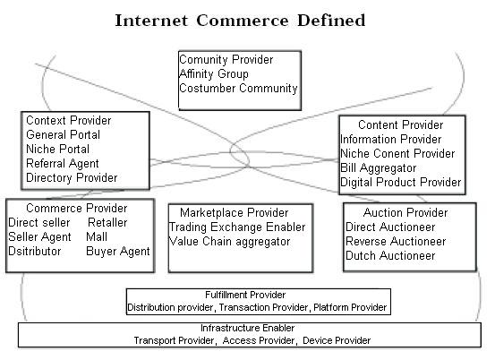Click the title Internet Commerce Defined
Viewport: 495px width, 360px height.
240,21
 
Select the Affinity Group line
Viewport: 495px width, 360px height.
214,74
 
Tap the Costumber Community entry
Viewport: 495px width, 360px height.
238,88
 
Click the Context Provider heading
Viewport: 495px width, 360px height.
69,120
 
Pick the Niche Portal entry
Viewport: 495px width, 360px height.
58,149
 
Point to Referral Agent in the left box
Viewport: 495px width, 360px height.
63,164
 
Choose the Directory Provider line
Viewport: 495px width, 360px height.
72,178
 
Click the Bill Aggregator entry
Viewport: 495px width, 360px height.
379,168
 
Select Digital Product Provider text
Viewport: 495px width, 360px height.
401,183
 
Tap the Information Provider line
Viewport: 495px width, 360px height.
391,140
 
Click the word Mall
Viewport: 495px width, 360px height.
97,236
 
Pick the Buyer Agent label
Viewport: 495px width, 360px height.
118,252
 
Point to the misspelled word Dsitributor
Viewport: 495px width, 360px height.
34,252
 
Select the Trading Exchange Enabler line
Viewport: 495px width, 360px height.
237,227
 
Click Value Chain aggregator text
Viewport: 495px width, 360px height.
229,242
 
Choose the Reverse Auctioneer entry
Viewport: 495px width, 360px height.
396,242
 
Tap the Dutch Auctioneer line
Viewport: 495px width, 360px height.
390,256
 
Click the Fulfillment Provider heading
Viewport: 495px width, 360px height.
245,295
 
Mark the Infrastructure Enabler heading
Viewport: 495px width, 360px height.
247,328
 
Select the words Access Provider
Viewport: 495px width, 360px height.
258,340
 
